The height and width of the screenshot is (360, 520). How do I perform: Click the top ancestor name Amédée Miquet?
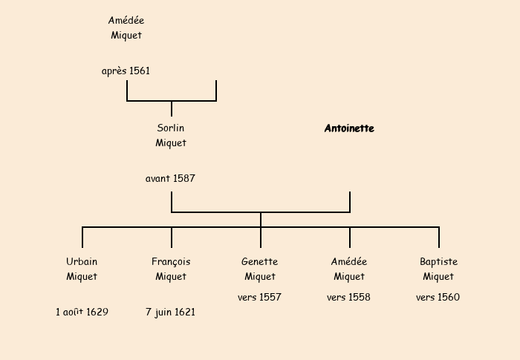point(126,28)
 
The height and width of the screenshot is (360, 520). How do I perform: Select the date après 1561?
point(126,71)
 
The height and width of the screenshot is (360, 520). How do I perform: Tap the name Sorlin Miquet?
point(171,136)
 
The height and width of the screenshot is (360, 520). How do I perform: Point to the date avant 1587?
point(171,179)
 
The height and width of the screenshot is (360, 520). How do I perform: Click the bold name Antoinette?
point(349,128)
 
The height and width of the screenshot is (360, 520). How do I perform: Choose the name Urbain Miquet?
point(82,269)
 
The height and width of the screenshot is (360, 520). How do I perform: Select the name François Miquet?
point(171,269)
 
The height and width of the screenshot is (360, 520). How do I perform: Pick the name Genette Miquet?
point(260,269)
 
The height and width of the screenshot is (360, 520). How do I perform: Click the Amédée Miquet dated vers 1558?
point(349,269)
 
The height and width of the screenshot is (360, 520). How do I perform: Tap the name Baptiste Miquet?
point(438,269)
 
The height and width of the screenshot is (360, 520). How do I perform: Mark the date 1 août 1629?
point(82,312)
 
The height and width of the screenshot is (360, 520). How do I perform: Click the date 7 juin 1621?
point(171,312)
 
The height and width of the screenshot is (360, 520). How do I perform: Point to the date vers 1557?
point(260,298)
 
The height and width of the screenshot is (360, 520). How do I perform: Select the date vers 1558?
point(349,298)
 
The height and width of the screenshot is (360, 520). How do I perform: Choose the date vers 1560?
point(438,298)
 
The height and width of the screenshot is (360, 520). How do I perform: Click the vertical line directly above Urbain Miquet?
point(82,238)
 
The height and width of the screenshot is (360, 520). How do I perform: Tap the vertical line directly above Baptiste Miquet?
point(439,238)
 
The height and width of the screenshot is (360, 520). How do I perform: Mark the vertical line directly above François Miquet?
point(172,238)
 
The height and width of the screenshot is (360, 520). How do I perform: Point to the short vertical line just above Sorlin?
point(172,109)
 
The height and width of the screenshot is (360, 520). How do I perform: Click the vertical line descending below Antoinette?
point(350,202)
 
